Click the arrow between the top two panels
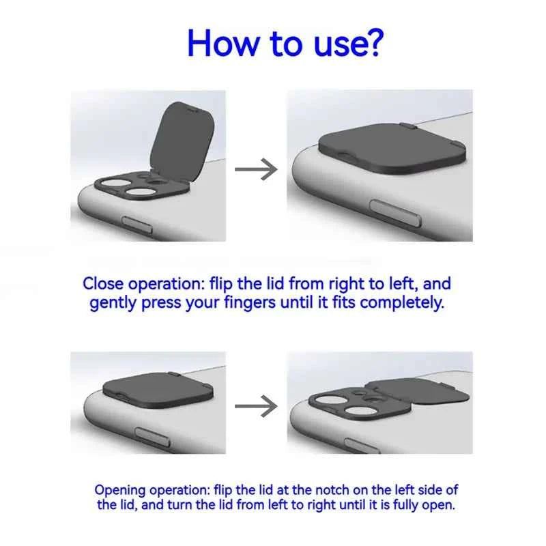(256, 169)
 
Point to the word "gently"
(113, 302)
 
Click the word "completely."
(402, 302)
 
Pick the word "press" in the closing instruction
(161, 302)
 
